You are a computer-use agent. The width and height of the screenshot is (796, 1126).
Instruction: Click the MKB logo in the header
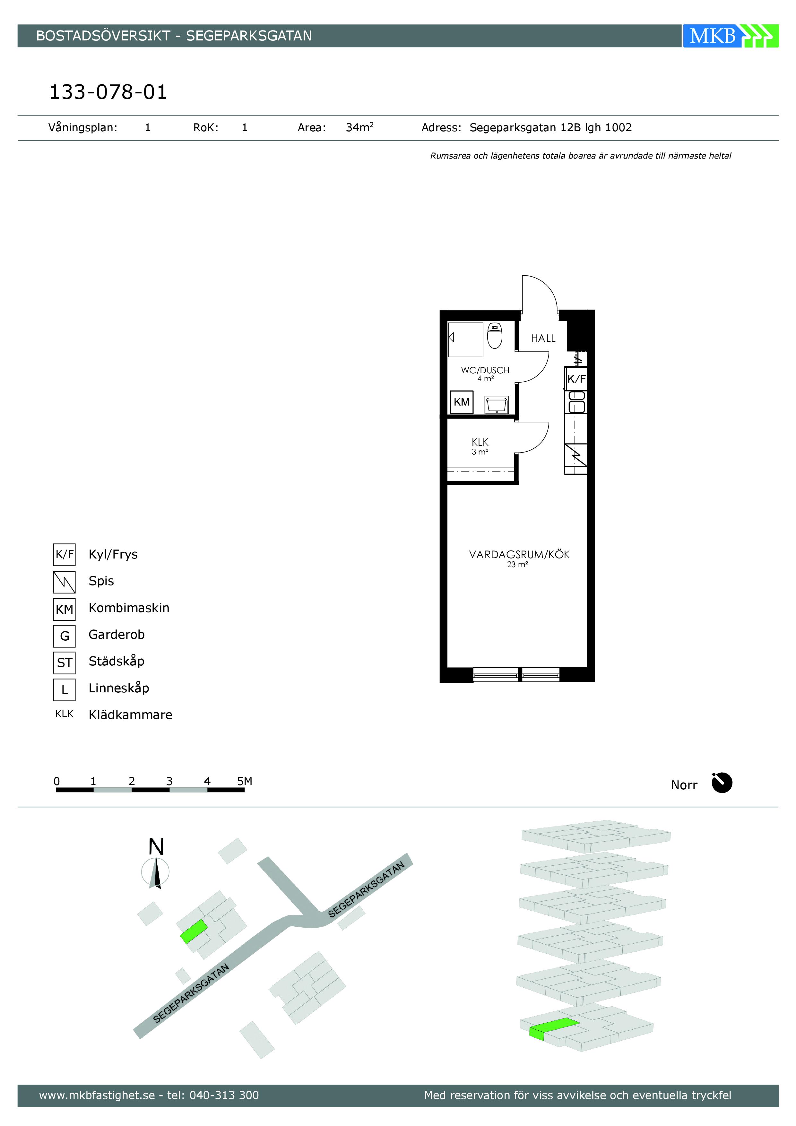tap(730, 36)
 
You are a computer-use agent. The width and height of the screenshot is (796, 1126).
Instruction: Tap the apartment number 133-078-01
tap(108, 92)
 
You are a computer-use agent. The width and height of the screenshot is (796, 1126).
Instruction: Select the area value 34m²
tap(359, 127)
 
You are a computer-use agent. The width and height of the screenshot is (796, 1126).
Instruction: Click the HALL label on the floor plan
tap(543, 338)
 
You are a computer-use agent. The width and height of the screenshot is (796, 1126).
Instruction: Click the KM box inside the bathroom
tap(462, 402)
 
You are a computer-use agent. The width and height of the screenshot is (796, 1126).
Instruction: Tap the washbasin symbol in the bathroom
tap(496, 405)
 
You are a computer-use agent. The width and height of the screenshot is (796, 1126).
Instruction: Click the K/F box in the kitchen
tap(576, 379)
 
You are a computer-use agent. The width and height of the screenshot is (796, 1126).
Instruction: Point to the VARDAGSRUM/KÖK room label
tap(519, 555)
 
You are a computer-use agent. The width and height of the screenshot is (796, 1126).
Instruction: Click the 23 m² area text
tap(517, 565)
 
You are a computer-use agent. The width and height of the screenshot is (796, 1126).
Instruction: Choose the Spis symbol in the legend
tap(64, 582)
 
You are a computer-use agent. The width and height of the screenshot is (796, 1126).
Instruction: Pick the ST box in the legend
tap(64, 663)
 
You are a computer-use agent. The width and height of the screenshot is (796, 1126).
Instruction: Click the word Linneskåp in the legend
tap(119, 689)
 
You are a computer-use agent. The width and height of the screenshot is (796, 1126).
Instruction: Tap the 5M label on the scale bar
tap(244, 781)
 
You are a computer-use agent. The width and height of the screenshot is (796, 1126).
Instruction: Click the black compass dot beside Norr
tap(722, 783)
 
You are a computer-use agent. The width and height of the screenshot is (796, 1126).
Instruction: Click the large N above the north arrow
tap(156, 847)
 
